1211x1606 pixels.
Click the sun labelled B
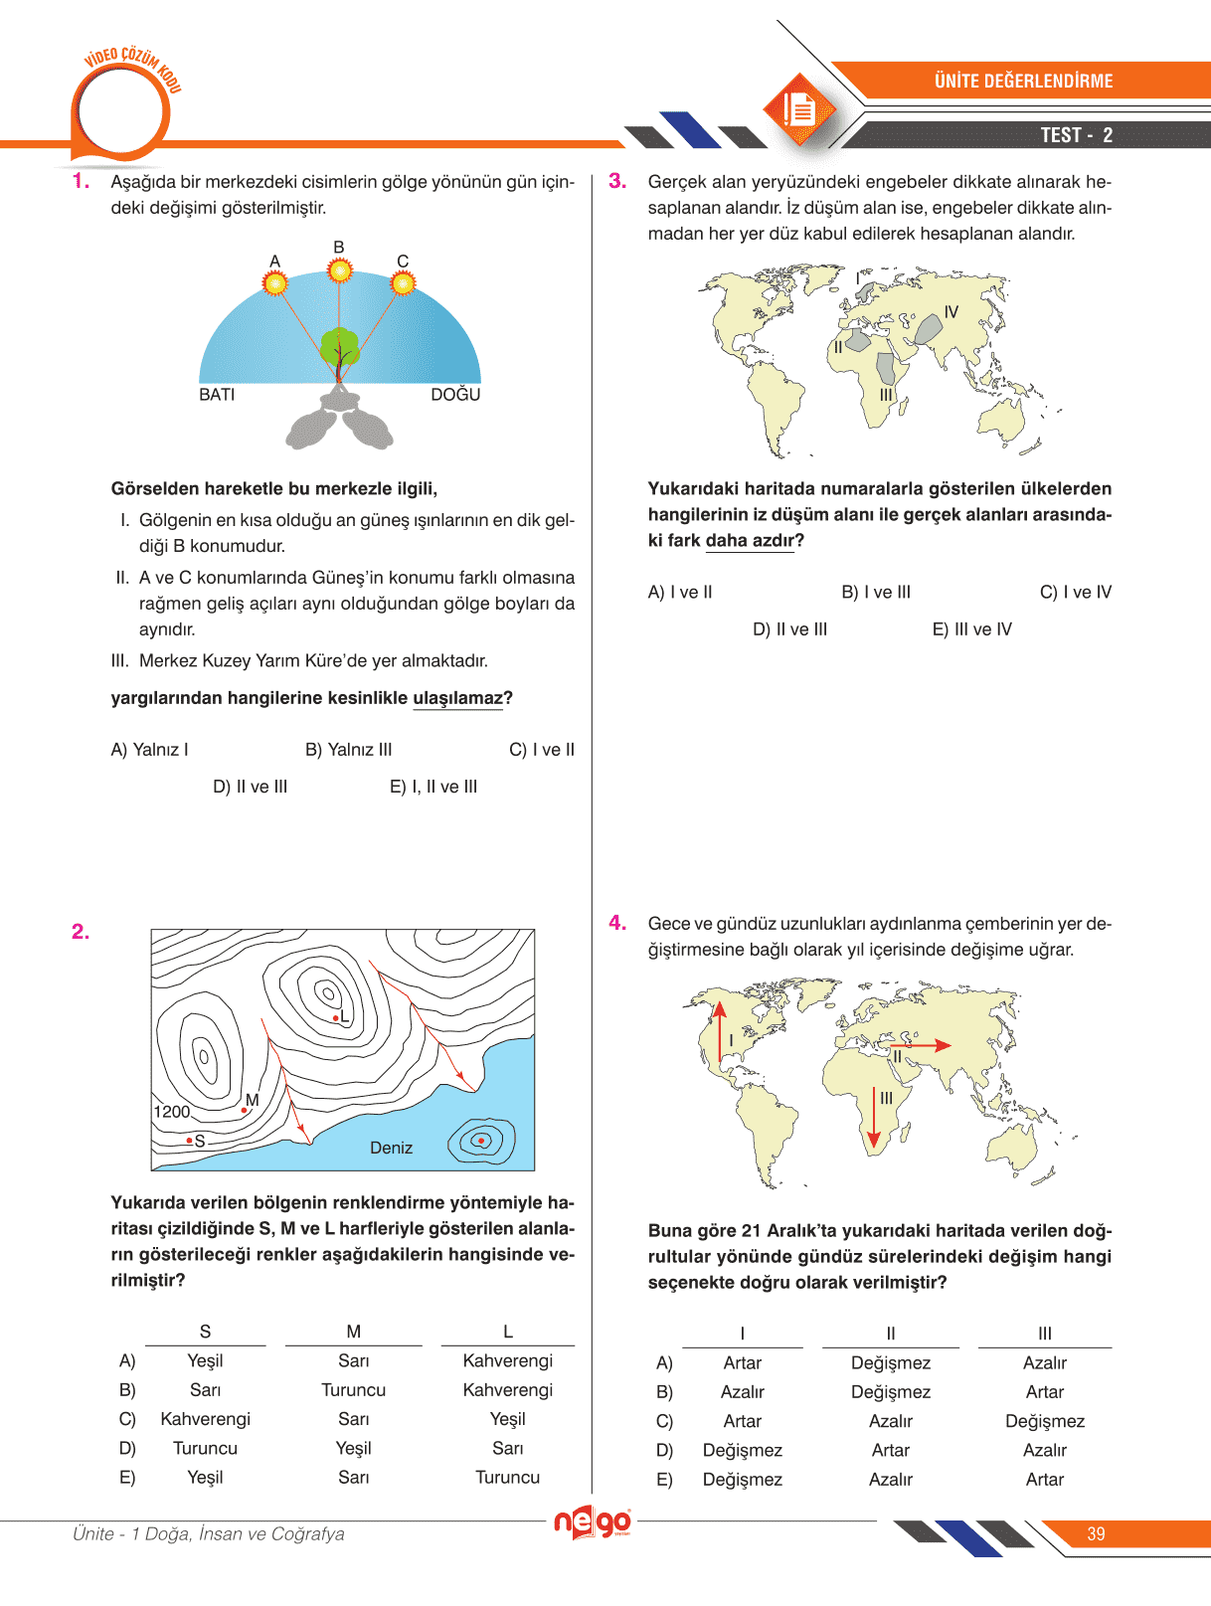340,269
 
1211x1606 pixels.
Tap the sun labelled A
275,283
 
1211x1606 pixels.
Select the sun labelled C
403,283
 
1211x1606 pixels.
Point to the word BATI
217,395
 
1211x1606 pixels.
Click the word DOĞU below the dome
455,395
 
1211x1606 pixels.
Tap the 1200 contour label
171,1112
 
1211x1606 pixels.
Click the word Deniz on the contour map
391,1148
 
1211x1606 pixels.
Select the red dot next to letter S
189,1141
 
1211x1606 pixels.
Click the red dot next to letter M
245,1110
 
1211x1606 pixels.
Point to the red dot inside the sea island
482,1140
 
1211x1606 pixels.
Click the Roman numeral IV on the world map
951,312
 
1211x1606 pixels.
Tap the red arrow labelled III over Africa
874,1119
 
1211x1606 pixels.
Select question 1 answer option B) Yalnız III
348,750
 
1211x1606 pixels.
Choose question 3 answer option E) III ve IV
971,629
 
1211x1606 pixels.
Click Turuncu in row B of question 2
353,1390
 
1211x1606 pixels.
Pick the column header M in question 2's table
353,1332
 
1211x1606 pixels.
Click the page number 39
1096,1533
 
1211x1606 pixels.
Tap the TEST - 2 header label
1076,135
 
